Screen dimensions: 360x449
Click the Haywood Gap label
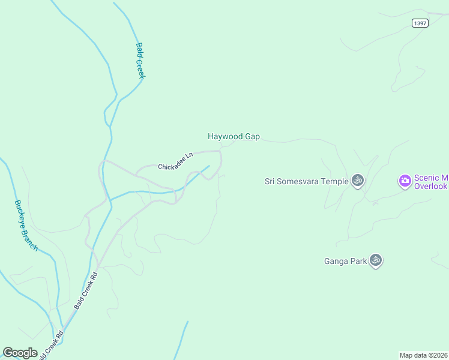pos(234,137)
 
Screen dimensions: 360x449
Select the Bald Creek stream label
pos(140,60)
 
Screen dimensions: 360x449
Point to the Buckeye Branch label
pos(26,225)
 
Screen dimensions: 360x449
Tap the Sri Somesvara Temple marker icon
pos(358,180)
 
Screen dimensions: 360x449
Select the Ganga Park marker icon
pos(376,260)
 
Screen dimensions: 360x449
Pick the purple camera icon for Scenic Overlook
pos(405,180)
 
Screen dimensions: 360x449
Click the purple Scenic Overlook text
pos(431,182)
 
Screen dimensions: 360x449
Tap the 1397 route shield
pos(420,23)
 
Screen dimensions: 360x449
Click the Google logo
pos(20,353)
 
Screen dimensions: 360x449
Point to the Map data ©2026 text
pos(424,355)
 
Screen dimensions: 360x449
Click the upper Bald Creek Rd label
pos(85,292)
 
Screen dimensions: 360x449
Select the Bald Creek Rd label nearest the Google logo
pos(50,345)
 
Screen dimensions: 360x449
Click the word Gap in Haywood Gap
pos(252,137)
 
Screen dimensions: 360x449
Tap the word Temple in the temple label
pos(334,181)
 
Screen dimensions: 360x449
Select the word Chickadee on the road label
pos(171,164)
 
